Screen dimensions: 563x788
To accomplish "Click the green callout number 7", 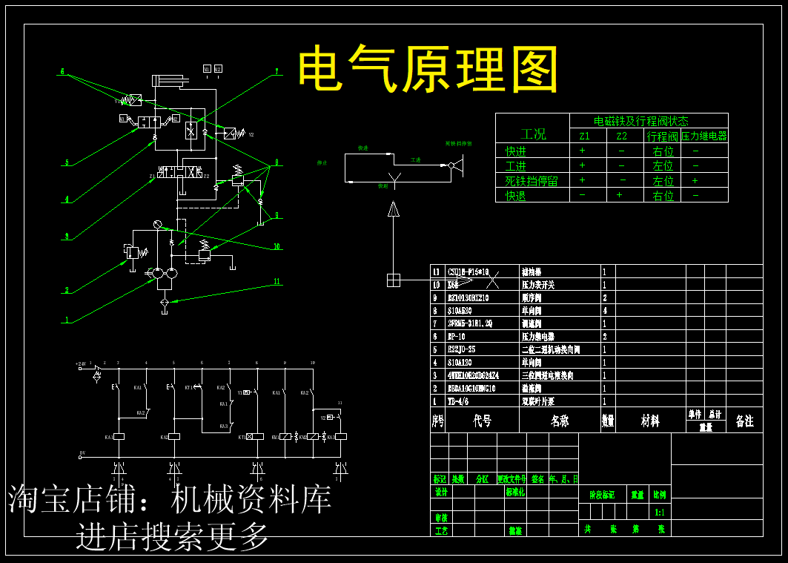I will click(277, 71).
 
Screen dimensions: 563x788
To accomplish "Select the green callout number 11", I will click(277, 281).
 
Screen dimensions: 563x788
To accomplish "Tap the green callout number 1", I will click(67, 320).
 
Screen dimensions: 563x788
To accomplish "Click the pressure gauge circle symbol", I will click(156, 225).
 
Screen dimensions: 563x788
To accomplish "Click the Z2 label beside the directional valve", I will click(206, 176).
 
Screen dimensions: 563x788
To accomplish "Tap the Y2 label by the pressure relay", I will click(251, 135).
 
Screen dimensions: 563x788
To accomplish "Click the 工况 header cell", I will click(532, 134).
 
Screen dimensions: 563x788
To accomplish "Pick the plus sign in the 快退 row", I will click(621, 195).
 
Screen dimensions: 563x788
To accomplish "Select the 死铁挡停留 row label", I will click(532, 180).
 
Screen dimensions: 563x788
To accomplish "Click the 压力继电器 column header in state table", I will click(704, 136).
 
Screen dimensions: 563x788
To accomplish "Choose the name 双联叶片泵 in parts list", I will click(539, 401).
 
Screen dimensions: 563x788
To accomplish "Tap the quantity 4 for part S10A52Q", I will click(605, 311).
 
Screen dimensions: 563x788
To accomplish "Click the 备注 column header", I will click(744, 421).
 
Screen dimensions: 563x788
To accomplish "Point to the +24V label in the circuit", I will click(82, 365).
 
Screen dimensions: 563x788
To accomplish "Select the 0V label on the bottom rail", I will click(82, 452).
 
